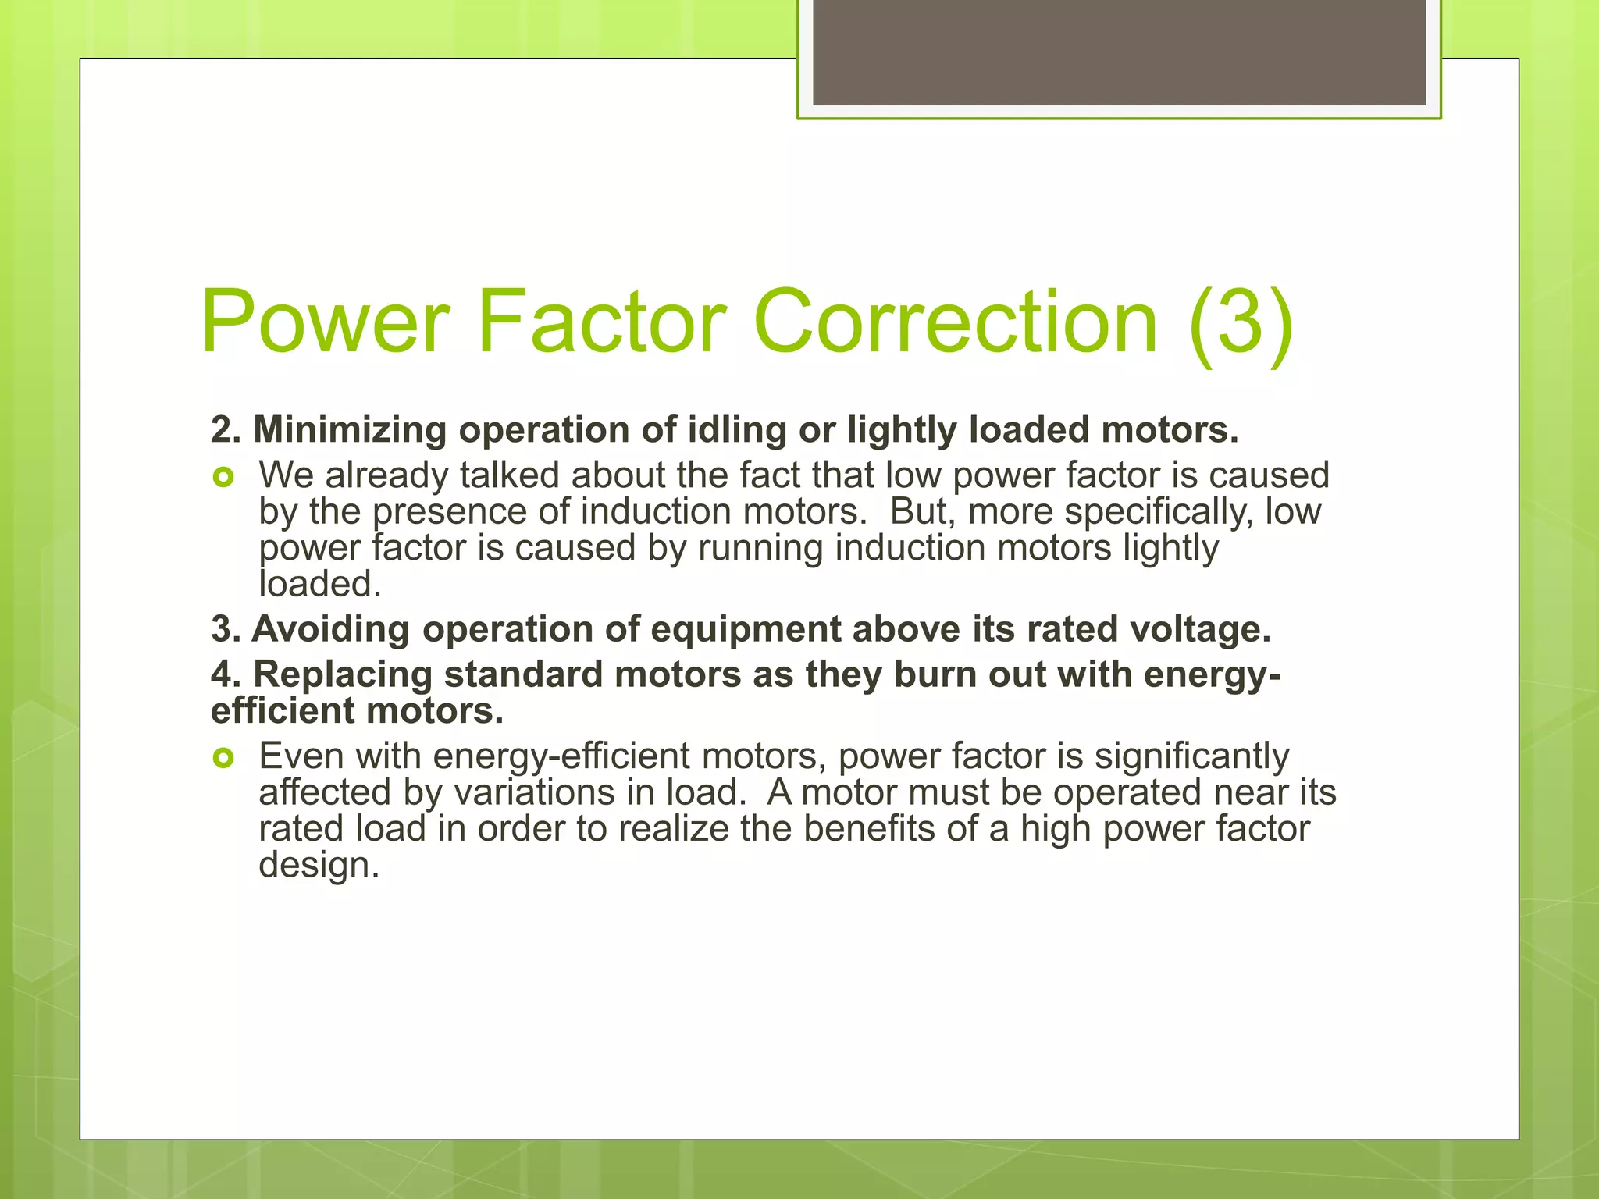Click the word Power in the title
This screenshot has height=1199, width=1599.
point(325,322)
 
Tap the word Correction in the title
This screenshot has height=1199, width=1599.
point(955,322)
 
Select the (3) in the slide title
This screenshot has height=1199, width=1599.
point(1241,322)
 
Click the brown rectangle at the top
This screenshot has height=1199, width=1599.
point(1119,52)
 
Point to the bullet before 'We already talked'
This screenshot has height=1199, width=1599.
point(223,477)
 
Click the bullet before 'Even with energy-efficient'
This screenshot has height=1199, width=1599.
point(223,757)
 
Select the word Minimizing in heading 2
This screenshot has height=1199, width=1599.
point(349,430)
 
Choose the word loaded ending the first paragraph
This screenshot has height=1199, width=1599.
point(320,584)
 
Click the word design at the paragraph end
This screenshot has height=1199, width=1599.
point(319,865)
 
